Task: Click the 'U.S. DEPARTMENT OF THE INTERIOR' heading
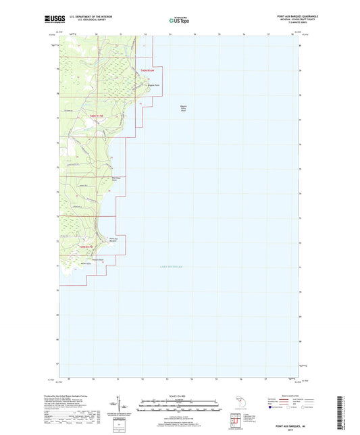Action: tap(89, 15)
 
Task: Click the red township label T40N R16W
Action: tap(147, 70)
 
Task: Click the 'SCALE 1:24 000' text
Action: tap(179, 395)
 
